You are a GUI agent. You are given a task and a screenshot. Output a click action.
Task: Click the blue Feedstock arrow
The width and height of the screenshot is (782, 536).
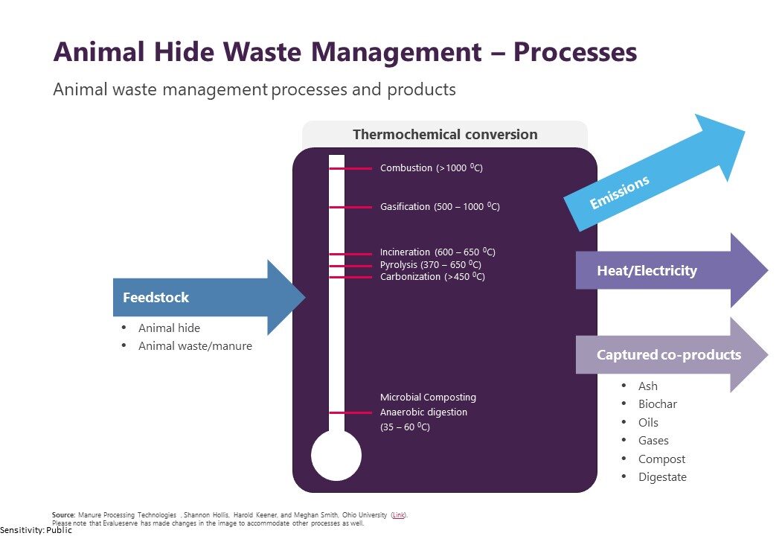coord(201,298)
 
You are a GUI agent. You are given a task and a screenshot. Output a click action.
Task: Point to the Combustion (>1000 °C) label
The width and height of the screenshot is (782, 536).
coord(432,168)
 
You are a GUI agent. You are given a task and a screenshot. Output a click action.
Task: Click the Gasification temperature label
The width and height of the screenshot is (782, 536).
coord(440,207)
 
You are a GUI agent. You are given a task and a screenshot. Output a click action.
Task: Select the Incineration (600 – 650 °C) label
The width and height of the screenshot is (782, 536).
coord(438,252)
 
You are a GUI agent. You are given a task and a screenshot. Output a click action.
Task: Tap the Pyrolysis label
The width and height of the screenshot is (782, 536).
coord(431,265)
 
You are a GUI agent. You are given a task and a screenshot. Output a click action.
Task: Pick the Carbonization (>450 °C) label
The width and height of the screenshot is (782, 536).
coord(432,277)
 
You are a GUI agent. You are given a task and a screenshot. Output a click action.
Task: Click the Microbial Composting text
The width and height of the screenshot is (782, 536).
coord(428,398)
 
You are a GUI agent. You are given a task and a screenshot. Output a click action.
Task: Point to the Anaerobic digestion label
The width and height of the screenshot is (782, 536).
coord(424,412)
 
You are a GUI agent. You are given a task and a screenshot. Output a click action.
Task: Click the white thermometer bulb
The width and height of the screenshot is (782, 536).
coord(336,456)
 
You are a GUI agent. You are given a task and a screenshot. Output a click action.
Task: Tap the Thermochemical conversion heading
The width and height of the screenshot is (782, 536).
coord(445,135)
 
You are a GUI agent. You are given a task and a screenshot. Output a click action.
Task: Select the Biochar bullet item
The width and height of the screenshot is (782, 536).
coord(658,404)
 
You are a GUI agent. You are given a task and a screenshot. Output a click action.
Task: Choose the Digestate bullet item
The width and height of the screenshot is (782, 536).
coord(662,477)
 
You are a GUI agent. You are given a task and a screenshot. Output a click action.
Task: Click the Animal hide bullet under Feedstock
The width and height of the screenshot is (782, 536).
coord(169,328)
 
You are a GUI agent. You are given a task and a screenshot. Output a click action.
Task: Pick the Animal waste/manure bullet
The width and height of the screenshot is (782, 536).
coord(195,345)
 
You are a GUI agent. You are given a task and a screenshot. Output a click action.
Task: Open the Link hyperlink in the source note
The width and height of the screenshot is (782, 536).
coord(399,514)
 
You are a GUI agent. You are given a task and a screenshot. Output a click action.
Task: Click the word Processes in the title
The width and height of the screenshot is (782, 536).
coord(576,52)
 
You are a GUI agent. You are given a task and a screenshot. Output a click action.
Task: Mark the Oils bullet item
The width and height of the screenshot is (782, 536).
coord(649,422)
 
